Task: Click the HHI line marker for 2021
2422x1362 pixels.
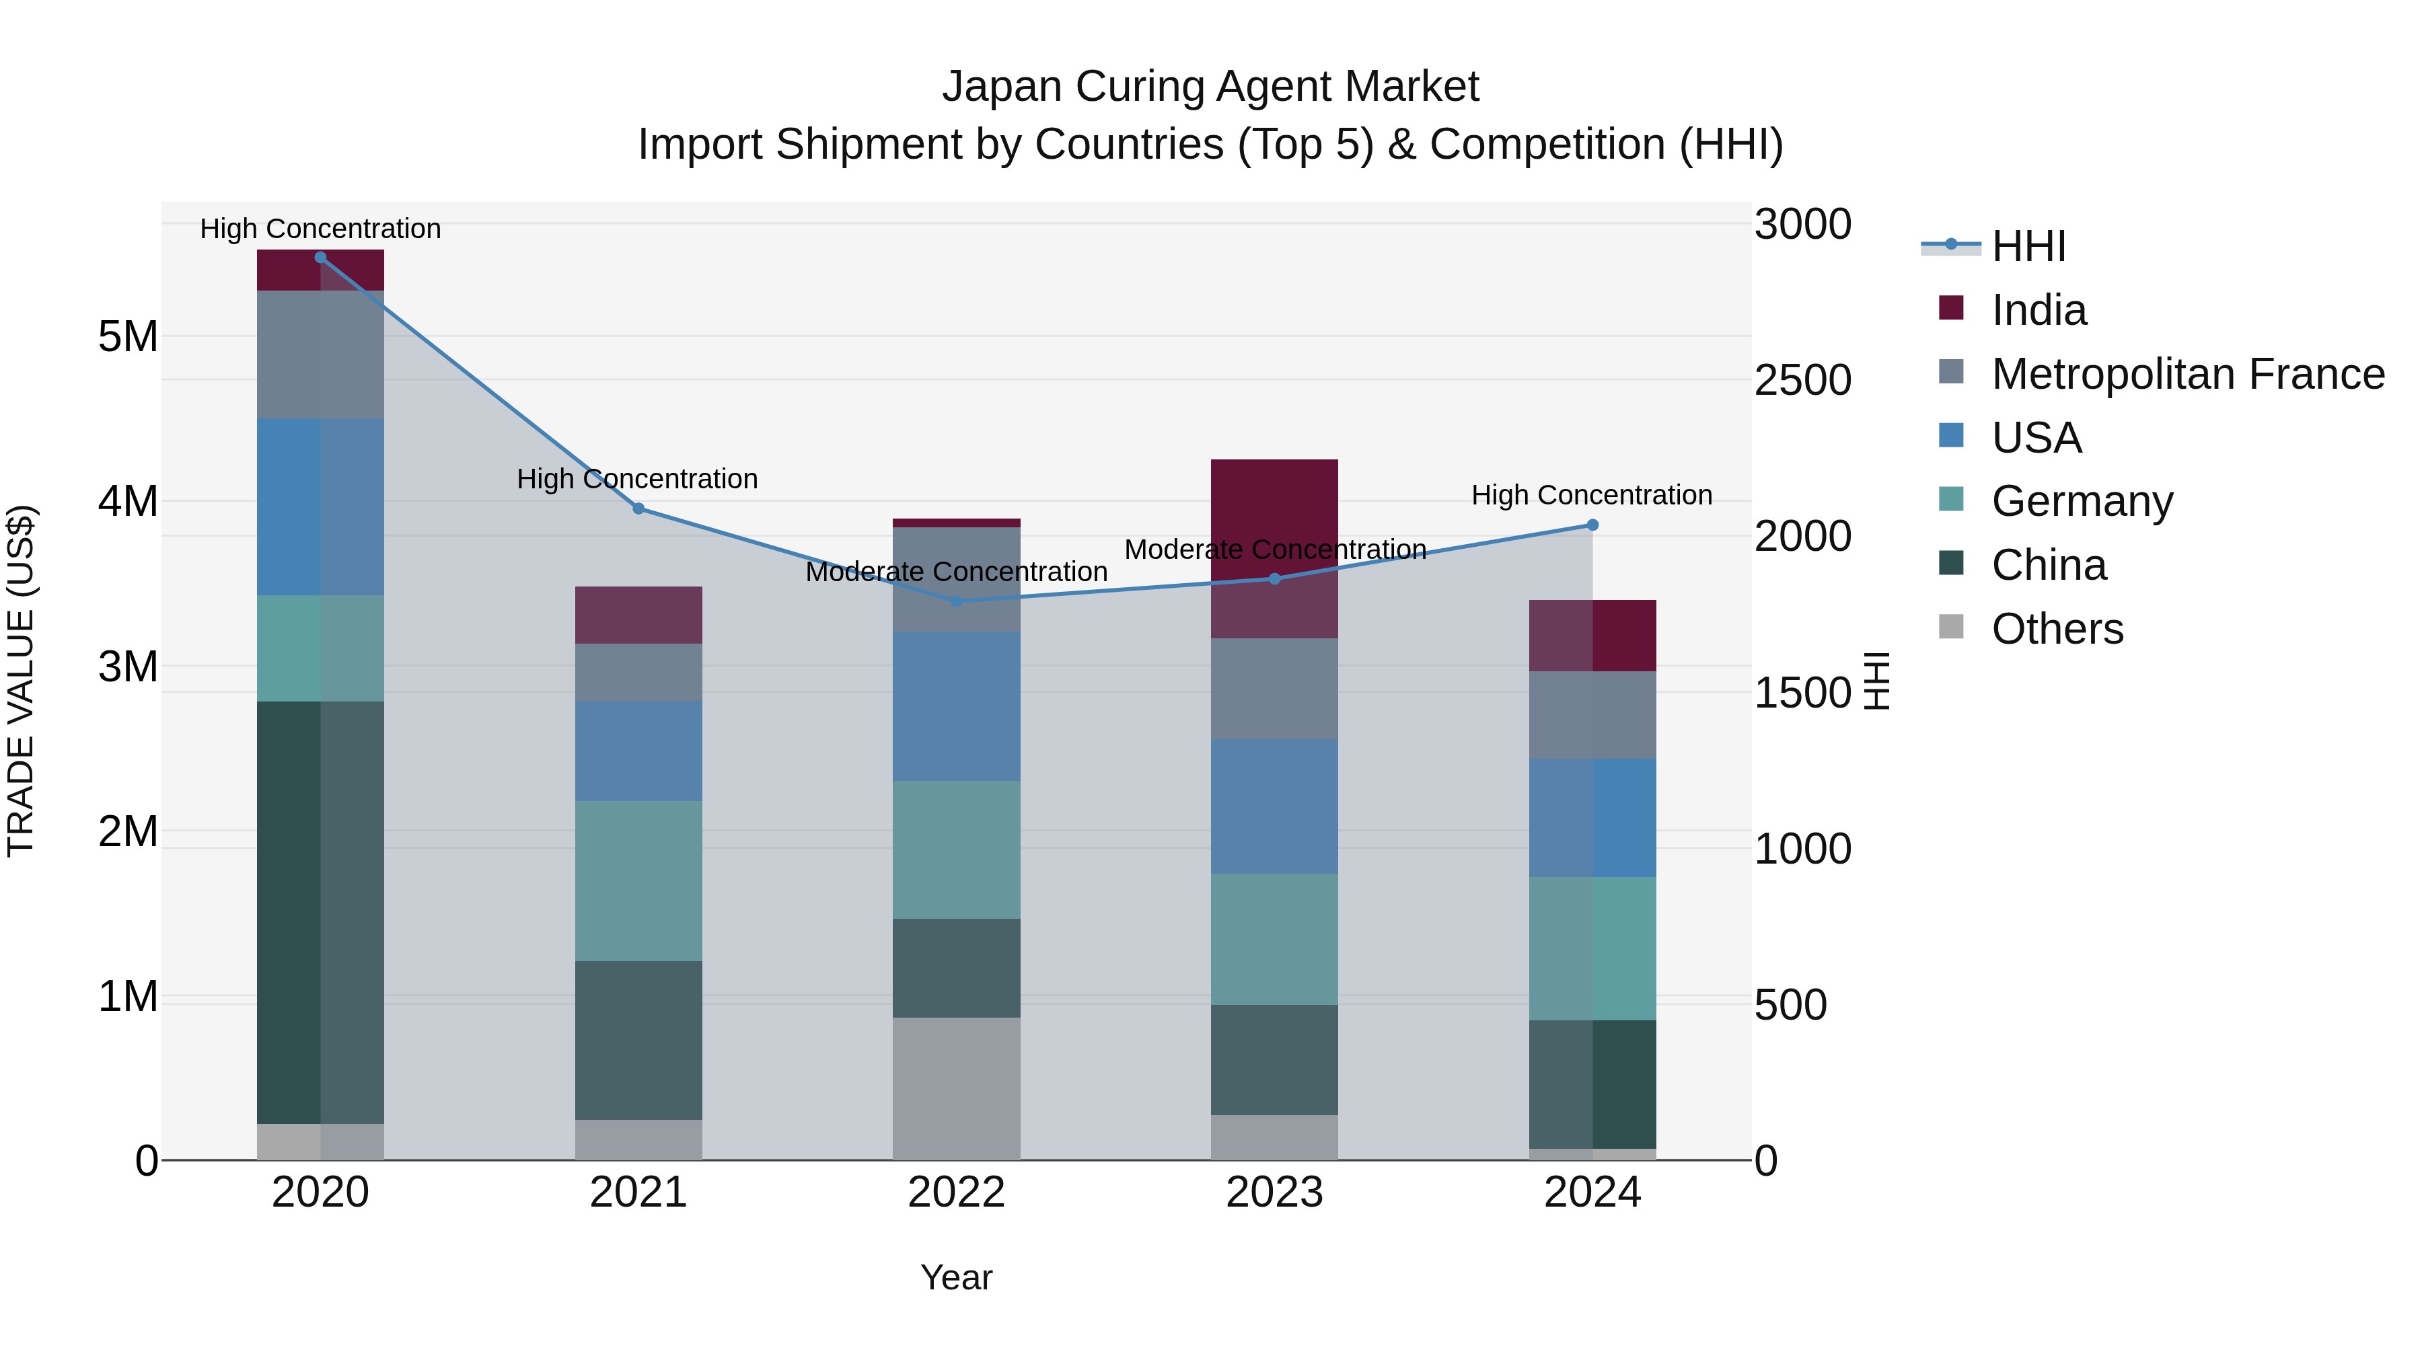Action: tap(638, 508)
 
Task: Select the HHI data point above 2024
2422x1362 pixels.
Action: tap(1592, 525)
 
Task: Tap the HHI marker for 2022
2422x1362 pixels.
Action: tap(956, 601)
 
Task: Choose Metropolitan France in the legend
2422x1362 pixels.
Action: tap(2187, 374)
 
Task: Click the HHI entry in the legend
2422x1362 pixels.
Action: tap(2027, 246)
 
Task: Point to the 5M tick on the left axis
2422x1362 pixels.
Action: tap(128, 336)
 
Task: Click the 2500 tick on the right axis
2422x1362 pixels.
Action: tap(1802, 381)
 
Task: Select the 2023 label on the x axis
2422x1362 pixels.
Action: tap(1274, 1193)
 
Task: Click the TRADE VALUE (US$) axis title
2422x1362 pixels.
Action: tap(21, 681)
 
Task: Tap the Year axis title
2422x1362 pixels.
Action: tap(956, 1277)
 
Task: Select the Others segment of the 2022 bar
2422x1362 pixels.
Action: tap(956, 1088)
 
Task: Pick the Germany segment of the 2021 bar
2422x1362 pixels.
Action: tap(638, 880)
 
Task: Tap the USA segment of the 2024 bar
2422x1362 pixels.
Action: tap(1592, 818)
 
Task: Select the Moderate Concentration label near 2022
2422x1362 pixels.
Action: tap(956, 572)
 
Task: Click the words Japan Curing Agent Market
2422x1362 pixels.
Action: tap(1210, 87)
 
